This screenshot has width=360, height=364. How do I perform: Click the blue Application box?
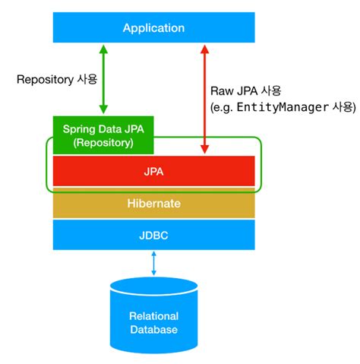(76, 28)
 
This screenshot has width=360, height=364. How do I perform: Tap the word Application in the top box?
(154, 28)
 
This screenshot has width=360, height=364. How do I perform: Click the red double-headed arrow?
(204, 99)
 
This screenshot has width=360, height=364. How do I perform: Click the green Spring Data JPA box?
(103, 135)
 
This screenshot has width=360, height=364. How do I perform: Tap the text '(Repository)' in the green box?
(103, 142)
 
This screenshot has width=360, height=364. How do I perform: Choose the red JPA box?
(153, 172)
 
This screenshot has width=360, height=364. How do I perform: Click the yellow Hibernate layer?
(153, 204)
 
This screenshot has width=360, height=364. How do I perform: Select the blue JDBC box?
(153, 235)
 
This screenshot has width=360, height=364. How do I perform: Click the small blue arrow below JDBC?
(154, 263)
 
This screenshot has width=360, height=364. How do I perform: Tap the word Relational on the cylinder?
(154, 316)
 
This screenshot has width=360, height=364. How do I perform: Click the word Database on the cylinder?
(154, 330)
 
